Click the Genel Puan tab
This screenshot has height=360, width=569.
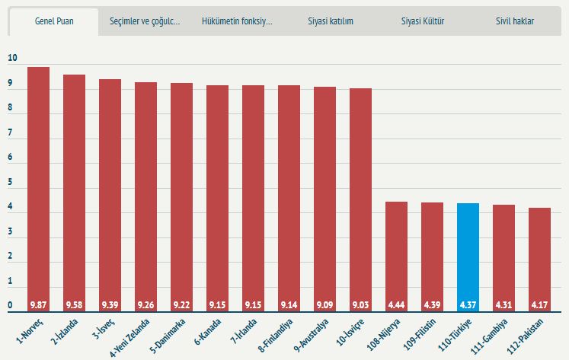click(54, 21)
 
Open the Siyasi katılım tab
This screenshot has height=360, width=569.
click(331, 21)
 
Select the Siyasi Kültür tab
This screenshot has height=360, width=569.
click(423, 21)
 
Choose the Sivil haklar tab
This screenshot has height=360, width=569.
click(515, 21)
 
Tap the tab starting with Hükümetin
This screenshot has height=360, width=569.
click(237, 21)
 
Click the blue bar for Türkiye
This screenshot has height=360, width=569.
click(468, 257)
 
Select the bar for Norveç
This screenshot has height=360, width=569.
click(38, 190)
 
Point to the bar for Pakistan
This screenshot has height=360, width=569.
click(539, 260)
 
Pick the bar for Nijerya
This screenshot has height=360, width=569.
click(396, 256)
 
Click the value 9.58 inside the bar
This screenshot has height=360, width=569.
click(74, 305)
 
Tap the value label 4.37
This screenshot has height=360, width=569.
click(468, 305)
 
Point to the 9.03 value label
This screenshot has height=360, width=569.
click(360, 305)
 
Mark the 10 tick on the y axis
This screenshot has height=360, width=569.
click(12, 58)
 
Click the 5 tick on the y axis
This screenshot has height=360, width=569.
click(10, 182)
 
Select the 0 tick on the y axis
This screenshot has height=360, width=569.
click(10, 305)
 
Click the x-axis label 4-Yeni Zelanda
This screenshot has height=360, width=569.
click(129, 338)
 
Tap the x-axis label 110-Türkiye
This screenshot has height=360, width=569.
click(455, 335)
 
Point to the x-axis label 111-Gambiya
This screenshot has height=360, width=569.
click(489, 336)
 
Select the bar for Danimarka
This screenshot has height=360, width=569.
click(181, 198)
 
